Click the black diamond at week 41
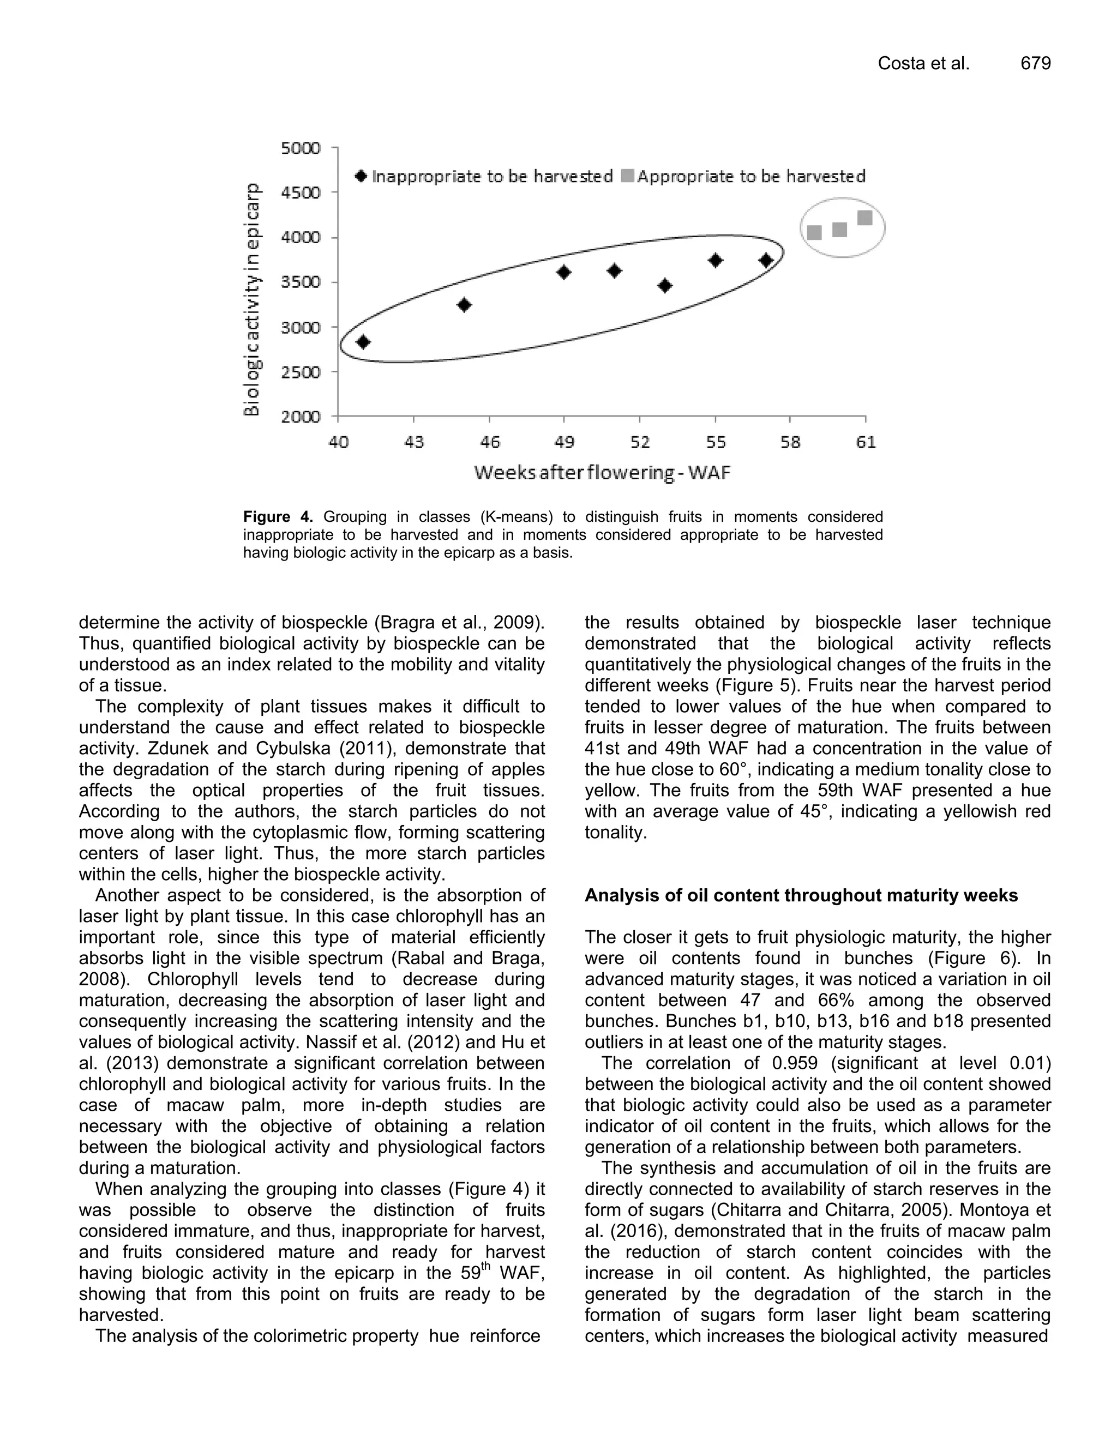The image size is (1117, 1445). coord(363,341)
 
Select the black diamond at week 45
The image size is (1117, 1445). coord(464,305)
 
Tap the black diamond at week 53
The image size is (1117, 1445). coord(665,285)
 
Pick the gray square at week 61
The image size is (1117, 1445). coord(865,218)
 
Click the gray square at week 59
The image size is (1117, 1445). coord(815,232)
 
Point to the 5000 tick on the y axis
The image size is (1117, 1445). coord(301,148)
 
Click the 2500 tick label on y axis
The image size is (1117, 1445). coord(301,372)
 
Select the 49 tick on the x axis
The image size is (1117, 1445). coord(564,441)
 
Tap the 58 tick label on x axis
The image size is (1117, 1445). coord(790,441)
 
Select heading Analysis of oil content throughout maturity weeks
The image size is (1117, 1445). coord(801,896)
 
